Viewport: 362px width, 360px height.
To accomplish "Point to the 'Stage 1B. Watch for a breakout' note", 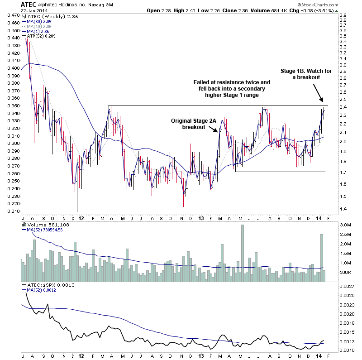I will [301, 74].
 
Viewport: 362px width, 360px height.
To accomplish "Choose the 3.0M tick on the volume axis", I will [345, 225].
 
